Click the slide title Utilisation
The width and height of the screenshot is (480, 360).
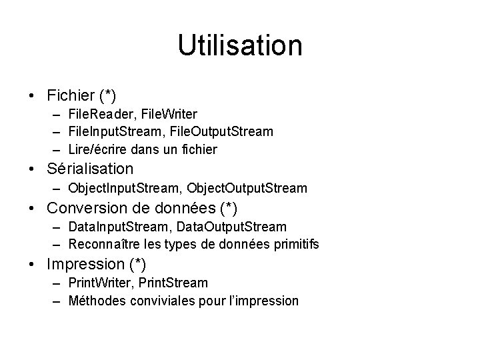click(x=240, y=46)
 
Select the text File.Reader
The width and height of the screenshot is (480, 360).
click(x=99, y=115)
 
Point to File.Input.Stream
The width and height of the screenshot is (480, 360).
click(x=115, y=131)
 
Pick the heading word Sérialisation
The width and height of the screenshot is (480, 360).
click(x=90, y=169)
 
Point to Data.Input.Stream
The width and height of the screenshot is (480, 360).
click(x=119, y=228)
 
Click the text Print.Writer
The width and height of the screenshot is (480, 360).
click(x=101, y=283)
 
